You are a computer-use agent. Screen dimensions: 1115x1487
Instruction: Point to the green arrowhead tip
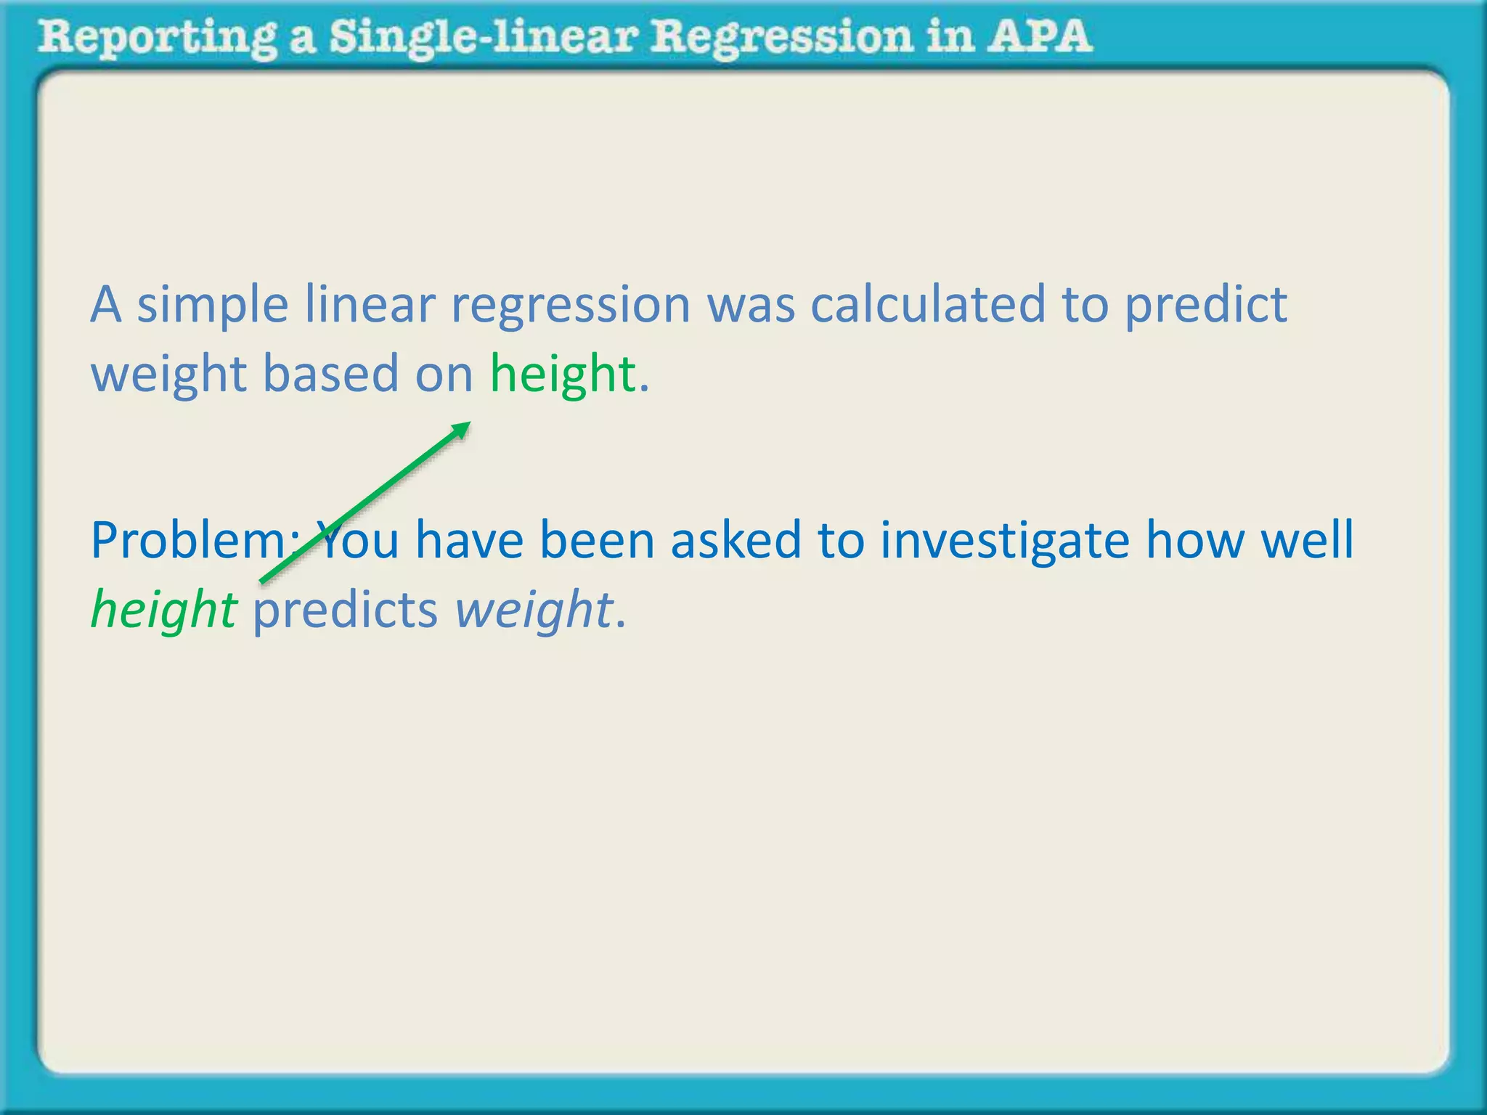pos(468,424)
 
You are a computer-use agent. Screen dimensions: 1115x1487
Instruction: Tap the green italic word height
pos(163,610)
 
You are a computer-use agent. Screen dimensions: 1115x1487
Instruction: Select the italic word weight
pos(534,610)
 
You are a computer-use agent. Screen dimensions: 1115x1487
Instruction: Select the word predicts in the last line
pos(345,610)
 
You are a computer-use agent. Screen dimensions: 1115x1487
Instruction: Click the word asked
pos(735,541)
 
